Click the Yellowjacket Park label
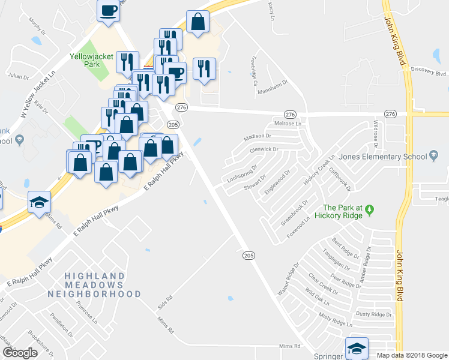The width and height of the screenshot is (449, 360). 88,62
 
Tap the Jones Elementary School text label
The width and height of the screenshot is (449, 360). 382,157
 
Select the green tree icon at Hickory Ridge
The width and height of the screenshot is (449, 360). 370,210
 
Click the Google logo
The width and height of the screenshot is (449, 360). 20,353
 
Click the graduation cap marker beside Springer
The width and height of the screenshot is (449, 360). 357,347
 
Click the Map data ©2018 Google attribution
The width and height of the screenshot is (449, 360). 411,355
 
